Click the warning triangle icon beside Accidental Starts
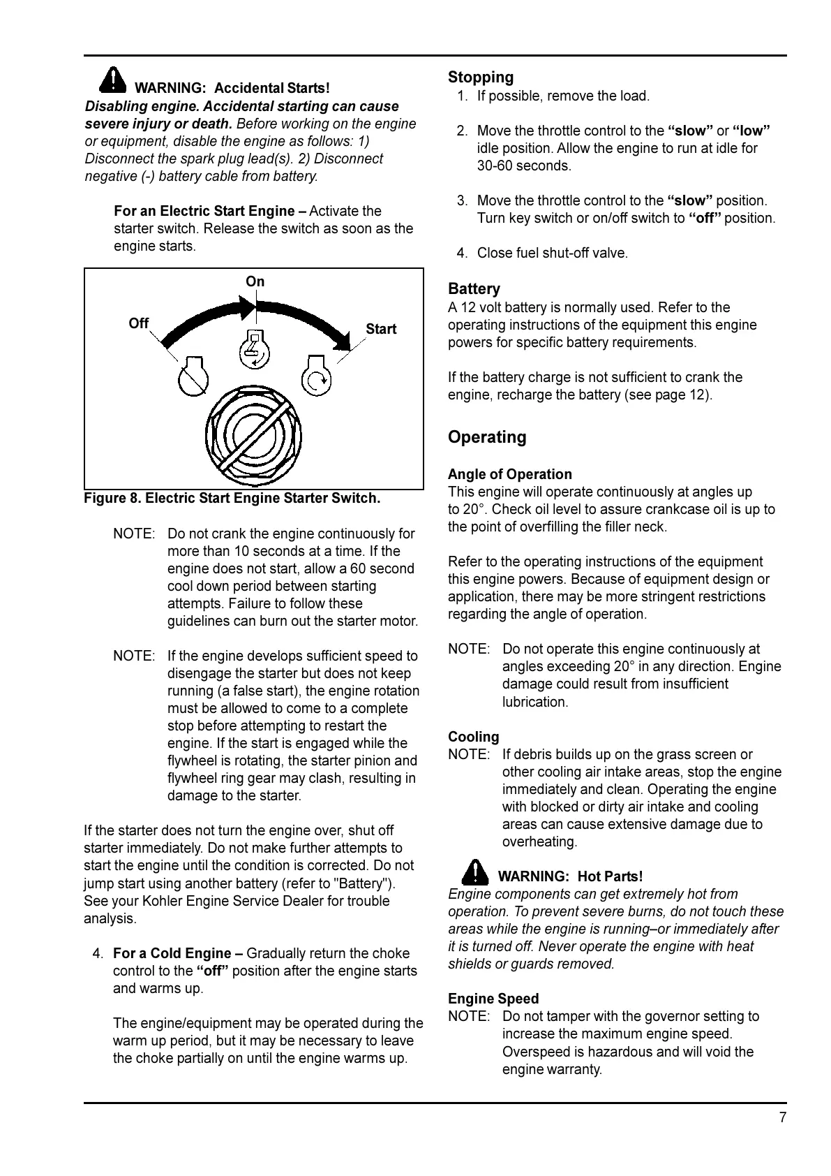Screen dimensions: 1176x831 point(112,80)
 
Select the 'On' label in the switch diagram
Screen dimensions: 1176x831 point(255,281)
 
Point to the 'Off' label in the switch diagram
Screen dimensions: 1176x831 point(139,323)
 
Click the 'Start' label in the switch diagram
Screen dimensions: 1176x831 point(381,329)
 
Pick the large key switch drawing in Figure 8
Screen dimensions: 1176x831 point(254,436)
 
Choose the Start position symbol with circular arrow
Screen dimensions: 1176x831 point(317,377)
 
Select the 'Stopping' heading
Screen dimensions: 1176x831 point(481,78)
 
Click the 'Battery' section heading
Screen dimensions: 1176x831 point(474,289)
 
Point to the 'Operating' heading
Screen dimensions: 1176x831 point(487,437)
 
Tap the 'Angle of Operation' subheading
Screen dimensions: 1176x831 point(510,474)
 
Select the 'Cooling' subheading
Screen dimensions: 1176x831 point(474,737)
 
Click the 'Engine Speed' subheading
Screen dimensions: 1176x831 point(493,999)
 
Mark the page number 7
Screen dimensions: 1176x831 point(783,1117)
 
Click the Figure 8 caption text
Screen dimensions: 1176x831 point(232,499)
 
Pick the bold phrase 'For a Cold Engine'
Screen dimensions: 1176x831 point(178,953)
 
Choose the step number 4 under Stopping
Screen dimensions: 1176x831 point(462,253)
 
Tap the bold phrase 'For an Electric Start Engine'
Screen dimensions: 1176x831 point(209,211)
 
